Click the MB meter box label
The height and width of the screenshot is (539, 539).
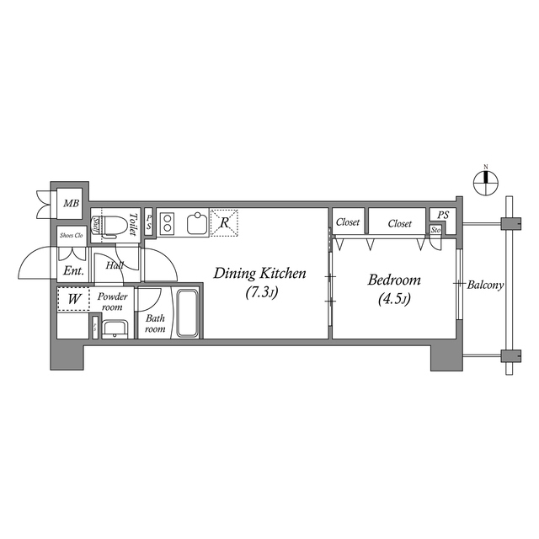[x=72, y=202]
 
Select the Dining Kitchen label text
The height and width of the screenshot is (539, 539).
[x=259, y=274]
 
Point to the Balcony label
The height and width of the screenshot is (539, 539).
[x=486, y=285]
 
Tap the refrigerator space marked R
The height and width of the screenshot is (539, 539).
[x=224, y=223]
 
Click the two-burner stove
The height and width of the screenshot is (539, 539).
[x=167, y=223]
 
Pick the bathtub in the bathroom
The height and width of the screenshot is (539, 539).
[x=187, y=313]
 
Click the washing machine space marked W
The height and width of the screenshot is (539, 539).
[x=74, y=299]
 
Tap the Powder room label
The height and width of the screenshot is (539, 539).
[x=112, y=302]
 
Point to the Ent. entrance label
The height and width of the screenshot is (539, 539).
[x=72, y=271]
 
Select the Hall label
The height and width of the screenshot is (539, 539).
[x=115, y=266]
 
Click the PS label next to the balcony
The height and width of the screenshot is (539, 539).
[x=443, y=216]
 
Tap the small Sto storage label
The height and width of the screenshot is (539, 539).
[x=436, y=231]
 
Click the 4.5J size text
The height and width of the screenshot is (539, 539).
[x=392, y=300]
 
